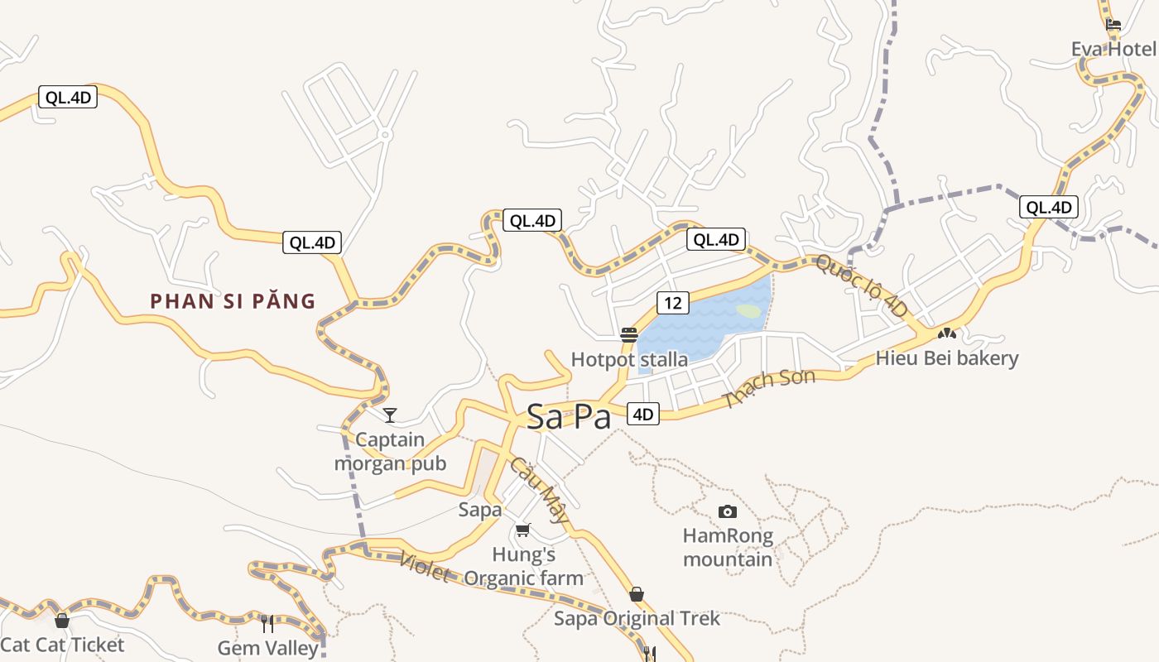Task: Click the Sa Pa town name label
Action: (569, 416)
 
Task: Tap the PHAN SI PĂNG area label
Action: (233, 301)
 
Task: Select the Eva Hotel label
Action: (1113, 49)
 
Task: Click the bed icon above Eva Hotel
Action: (1113, 25)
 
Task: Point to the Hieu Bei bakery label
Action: (947, 358)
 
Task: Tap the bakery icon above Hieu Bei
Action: (947, 334)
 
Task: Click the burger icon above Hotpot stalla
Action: (629, 335)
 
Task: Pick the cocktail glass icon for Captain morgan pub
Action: (390, 415)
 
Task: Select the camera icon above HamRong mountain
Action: (728, 511)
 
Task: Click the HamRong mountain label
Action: (728, 547)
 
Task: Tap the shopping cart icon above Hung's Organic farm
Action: (522, 530)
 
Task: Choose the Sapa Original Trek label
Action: (637, 618)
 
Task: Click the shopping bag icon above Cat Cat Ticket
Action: (62, 621)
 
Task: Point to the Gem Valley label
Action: (267, 647)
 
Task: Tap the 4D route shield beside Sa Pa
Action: (643, 414)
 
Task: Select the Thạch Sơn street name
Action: (769, 388)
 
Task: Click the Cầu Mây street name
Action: (539, 491)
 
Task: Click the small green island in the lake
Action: (748, 311)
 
